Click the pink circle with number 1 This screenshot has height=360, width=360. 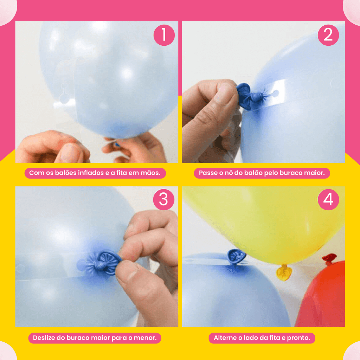click(164, 35)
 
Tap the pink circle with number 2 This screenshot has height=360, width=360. click(328, 35)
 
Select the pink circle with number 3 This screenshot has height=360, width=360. click(164, 199)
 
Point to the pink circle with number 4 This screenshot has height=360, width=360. click(328, 199)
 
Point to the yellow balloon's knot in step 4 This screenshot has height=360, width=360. click(284, 272)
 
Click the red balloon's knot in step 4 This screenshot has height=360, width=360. click(329, 258)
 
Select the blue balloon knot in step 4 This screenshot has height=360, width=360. click(236, 256)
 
